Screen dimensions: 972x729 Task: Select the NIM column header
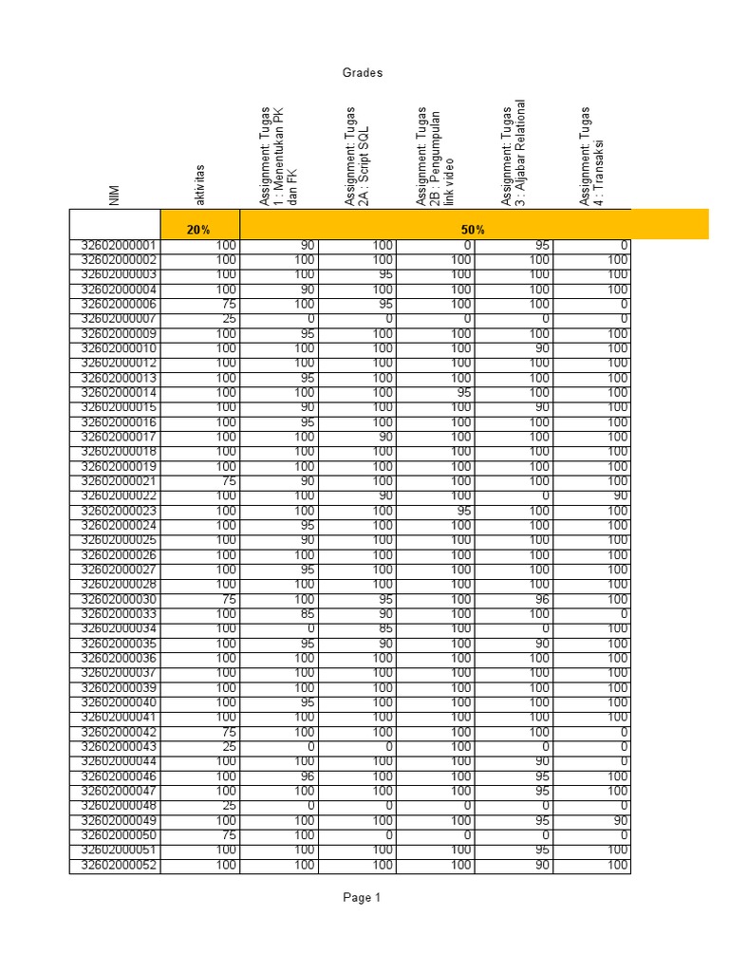(x=114, y=196)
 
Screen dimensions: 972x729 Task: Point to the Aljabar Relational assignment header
(x=513, y=152)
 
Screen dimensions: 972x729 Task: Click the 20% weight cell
(x=198, y=230)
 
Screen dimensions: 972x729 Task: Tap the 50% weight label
(x=474, y=230)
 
